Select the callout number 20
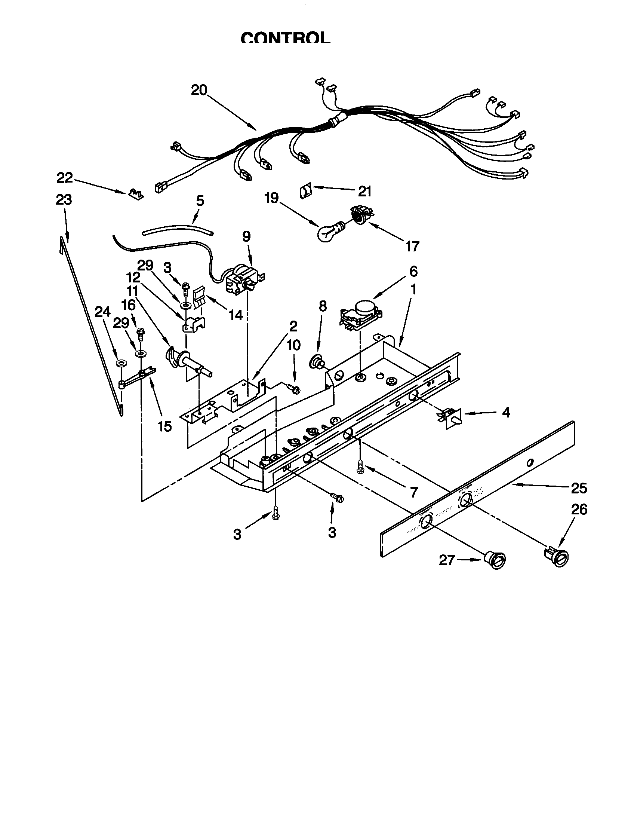[x=199, y=90]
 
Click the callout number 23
[x=64, y=200]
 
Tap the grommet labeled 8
[x=316, y=363]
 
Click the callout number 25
[x=579, y=488]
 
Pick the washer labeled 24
[x=121, y=363]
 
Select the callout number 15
[x=164, y=426]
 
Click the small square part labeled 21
[x=305, y=192]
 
